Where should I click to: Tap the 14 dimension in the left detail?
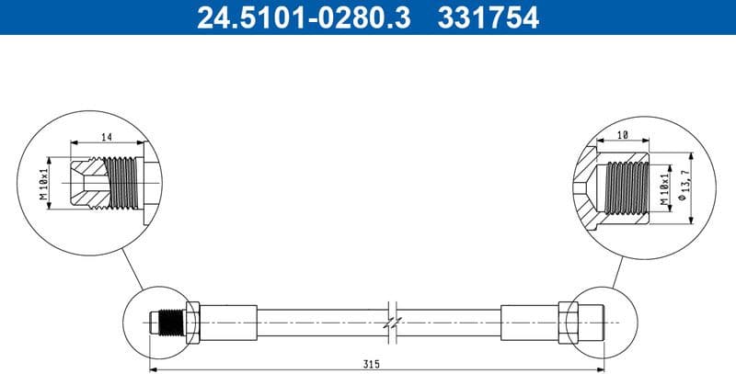(107, 137)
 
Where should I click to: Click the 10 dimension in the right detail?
(623, 135)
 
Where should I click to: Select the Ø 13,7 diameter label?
(685, 185)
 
